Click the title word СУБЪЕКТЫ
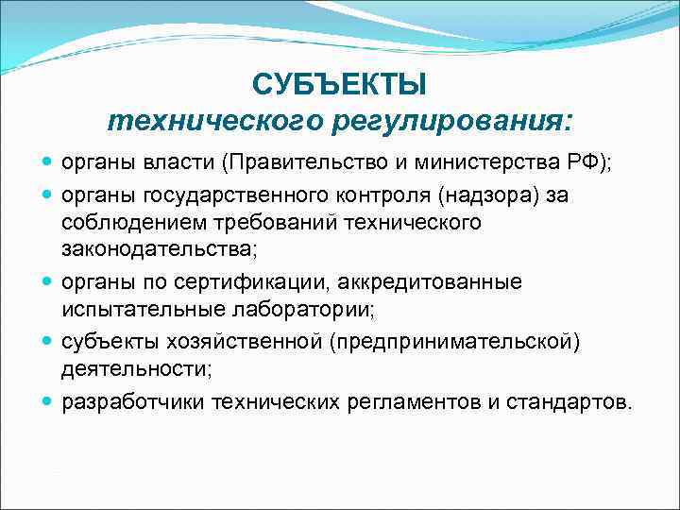tap(339, 86)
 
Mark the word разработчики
tap(133, 402)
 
